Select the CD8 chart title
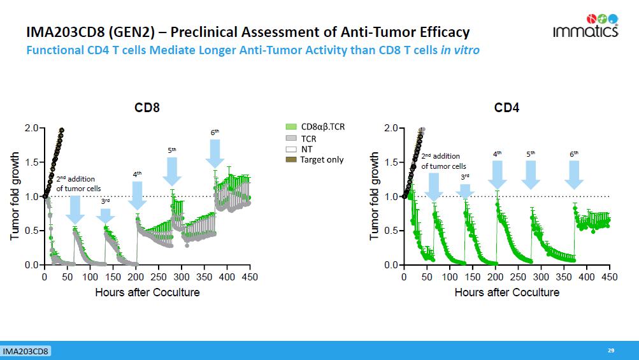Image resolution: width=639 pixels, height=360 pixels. tap(147, 108)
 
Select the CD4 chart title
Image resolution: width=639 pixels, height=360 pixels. tap(506, 108)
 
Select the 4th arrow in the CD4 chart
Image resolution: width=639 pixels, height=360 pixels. tap(498, 174)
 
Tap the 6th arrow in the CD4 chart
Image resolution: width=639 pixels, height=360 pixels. tap(574, 174)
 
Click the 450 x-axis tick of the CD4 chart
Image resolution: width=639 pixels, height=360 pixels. tap(609, 277)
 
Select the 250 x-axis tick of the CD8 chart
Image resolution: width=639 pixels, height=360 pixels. tap(159, 277)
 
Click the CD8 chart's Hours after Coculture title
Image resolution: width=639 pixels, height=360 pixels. tap(147, 292)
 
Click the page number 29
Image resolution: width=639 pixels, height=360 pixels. tap(611, 350)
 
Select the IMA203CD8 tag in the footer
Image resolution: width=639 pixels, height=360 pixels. tap(26, 351)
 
